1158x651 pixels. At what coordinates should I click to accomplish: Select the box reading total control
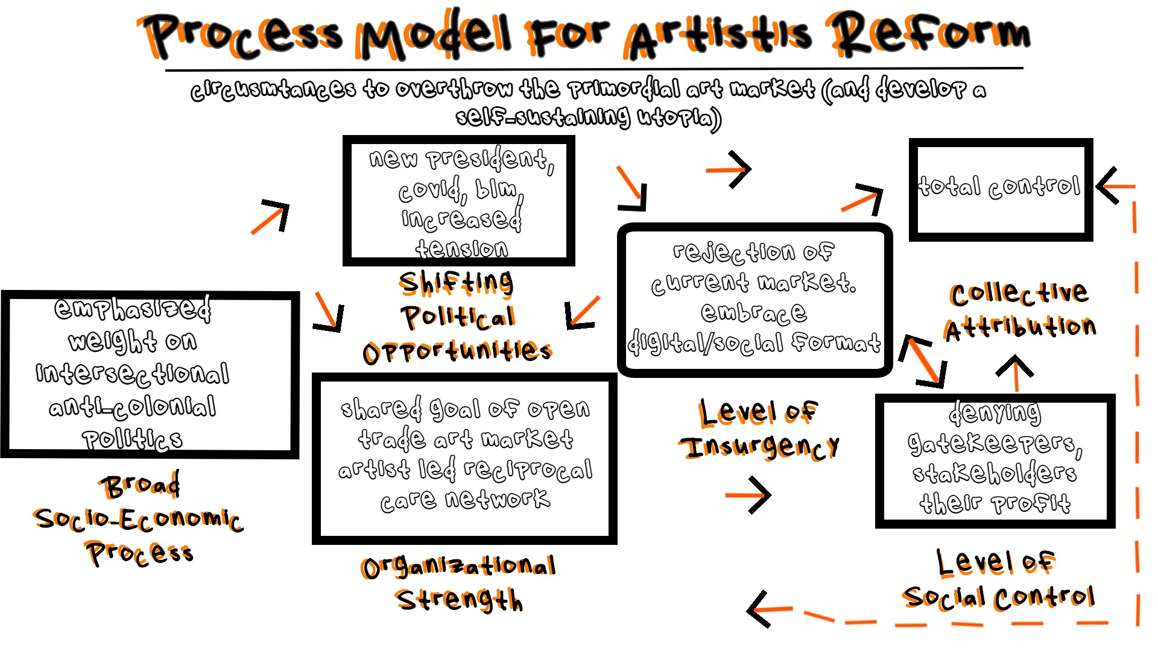point(1000,189)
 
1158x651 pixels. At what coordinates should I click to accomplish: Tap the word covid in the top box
point(429,190)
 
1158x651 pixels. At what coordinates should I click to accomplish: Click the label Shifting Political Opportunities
point(457,317)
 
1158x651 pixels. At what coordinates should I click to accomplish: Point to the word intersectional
point(133,373)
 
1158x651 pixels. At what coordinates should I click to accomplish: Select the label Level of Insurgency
point(759,429)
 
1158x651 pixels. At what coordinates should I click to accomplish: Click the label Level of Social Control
point(998,580)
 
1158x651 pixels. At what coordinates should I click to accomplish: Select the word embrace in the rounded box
point(753,312)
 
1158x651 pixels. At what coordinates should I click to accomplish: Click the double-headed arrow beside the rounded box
point(922,360)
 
